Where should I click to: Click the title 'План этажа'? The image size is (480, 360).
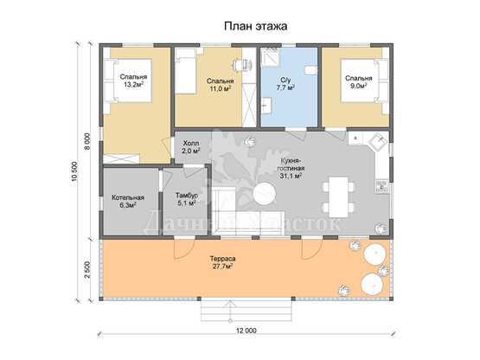tap(256, 26)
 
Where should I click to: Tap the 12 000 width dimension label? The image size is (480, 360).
tap(246, 331)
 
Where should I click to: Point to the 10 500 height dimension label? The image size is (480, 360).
tap(75, 171)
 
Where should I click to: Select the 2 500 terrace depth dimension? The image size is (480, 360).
tap(87, 269)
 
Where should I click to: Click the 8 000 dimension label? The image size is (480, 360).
tap(87, 141)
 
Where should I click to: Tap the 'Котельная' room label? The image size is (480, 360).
tap(128, 197)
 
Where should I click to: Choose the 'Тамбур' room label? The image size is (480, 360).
tap(187, 196)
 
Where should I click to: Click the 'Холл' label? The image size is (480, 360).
tap(191, 144)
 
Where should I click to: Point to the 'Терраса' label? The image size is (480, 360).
tap(222, 259)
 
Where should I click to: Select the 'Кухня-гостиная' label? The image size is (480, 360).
tap(291, 164)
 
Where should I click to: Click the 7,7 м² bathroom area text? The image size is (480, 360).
tap(285, 88)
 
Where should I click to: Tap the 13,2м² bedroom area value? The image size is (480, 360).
tap(133, 85)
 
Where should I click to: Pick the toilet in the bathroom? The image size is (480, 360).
tap(311, 70)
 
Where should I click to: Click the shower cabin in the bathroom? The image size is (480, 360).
tap(270, 57)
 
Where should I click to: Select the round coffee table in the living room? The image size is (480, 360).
tap(264, 194)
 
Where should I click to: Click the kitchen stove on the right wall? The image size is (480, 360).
tap(381, 185)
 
